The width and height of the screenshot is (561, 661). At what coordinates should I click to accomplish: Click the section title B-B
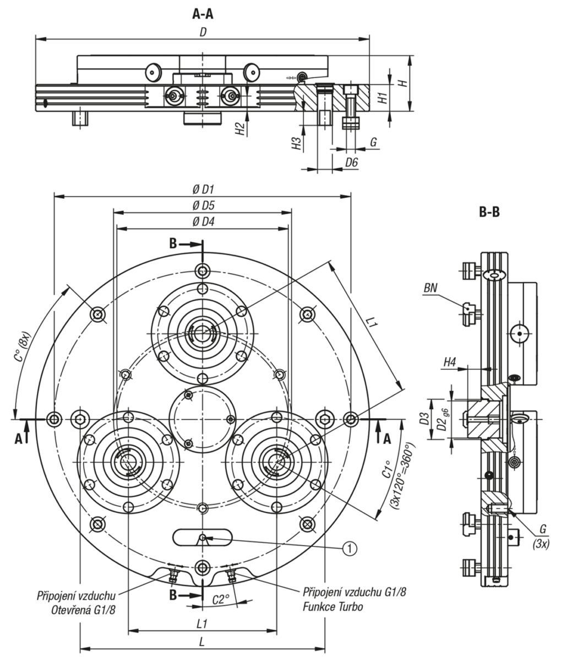pyautogui.click(x=489, y=211)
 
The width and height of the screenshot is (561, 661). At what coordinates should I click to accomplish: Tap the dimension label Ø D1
pyautogui.click(x=203, y=189)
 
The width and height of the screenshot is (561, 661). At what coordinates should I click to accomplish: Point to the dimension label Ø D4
pyautogui.click(x=203, y=221)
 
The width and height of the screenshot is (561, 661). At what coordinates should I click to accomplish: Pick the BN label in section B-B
pyautogui.click(x=431, y=288)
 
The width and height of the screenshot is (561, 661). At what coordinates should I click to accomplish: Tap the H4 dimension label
pyautogui.click(x=450, y=362)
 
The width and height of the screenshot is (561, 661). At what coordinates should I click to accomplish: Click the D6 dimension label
pyautogui.click(x=351, y=162)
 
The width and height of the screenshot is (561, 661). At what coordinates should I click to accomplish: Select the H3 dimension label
pyautogui.click(x=297, y=144)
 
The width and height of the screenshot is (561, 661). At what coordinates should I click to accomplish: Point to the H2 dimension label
pyautogui.click(x=239, y=128)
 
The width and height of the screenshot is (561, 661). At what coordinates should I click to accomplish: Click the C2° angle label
pyautogui.click(x=221, y=600)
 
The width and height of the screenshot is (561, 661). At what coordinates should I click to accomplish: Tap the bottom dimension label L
pyautogui.click(x=203, y=642)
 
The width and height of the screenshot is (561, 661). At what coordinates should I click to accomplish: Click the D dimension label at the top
pyautogui.click(x=203, y=32)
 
